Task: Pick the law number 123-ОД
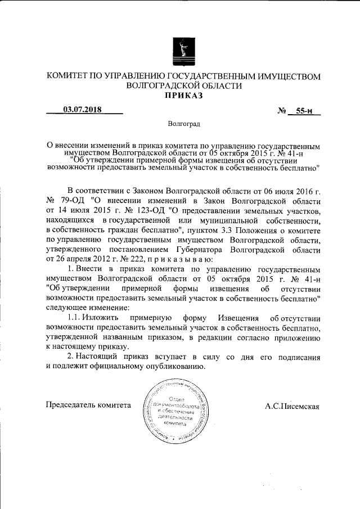(145, 210)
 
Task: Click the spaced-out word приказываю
(179, 259)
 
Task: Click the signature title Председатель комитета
(88, 406)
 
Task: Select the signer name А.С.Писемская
(291, 406)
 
